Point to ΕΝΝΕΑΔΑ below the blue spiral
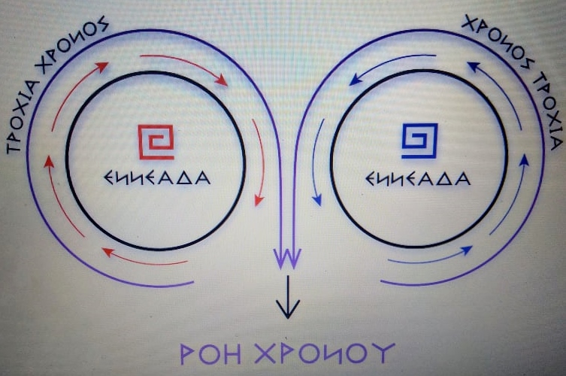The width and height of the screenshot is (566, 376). (418, 180)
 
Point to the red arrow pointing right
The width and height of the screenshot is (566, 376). (184, 68)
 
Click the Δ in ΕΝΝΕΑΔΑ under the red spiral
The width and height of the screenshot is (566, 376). (185, 180)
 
